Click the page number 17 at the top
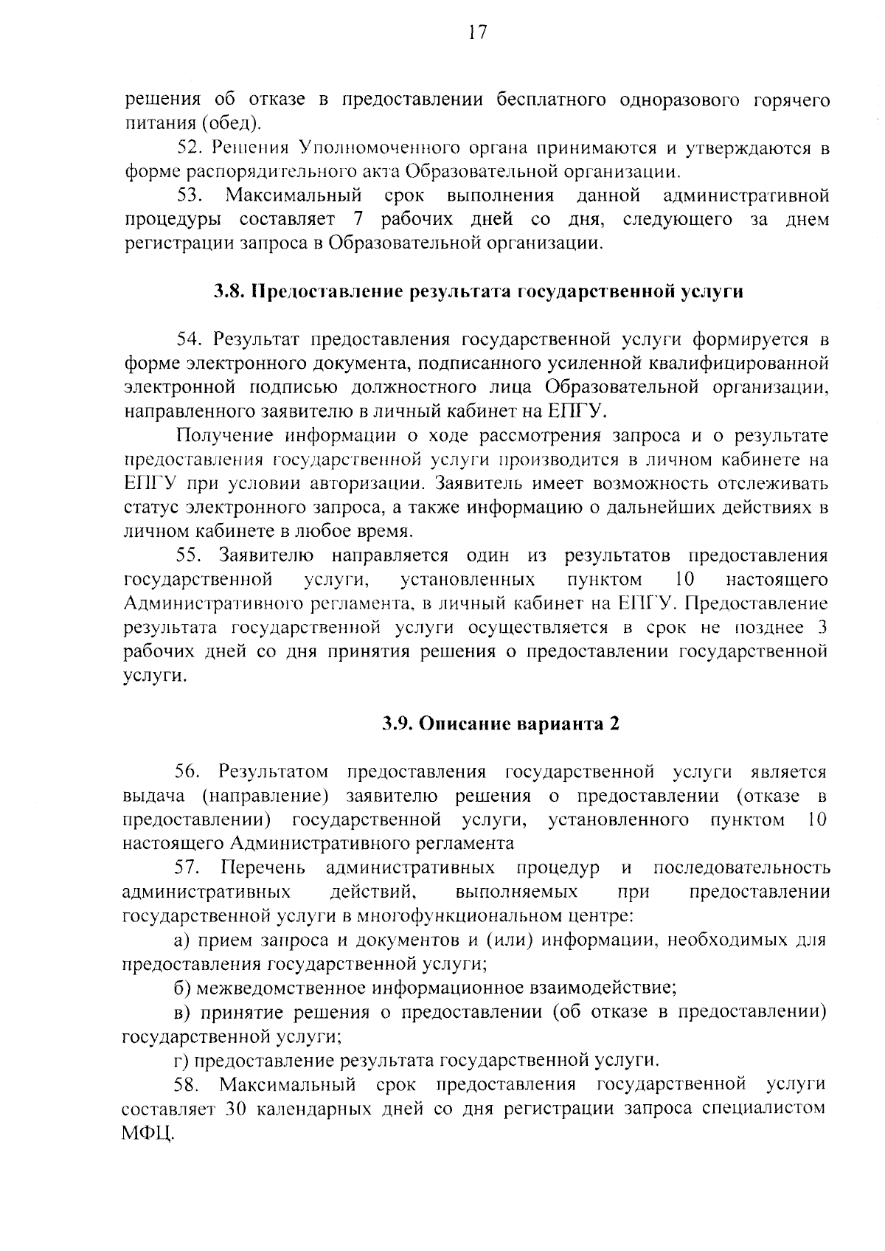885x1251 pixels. pyautogui.click(x=476, y=33)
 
